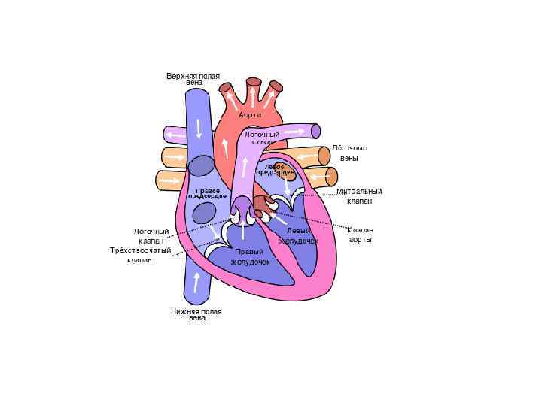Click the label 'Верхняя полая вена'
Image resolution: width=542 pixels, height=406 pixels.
click(x=193, y=79)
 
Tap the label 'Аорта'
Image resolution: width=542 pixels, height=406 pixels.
click(x=250, y=115)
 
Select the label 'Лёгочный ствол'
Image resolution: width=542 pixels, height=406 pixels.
click(x=262, y=138)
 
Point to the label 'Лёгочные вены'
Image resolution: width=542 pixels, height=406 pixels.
click(x=349, y=153)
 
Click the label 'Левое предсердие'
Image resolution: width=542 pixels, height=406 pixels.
click(x=274, y=169)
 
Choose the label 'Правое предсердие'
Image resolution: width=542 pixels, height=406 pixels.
click(x=207, y=193)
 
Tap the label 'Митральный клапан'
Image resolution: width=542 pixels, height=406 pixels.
click(x=359, y=196)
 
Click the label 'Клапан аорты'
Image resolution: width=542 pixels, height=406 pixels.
click(x=361, y=235)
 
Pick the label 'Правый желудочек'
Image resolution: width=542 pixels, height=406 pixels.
click(x=250, y=256)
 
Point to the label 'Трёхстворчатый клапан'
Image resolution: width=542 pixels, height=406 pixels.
click(x=141, y=255)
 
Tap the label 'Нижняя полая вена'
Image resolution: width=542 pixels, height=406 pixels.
click(x=196, y=314)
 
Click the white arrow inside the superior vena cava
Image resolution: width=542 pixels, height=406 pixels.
click(x=199, y=129)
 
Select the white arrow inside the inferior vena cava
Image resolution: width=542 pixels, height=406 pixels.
click(x=196, y=284)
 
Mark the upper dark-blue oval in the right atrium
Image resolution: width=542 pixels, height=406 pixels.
click(x=202, y=167)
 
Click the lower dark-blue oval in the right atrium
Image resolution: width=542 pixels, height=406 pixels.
click(x=204, y=214)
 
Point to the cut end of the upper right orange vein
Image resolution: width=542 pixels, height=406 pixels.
click(x=324, y=156)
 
